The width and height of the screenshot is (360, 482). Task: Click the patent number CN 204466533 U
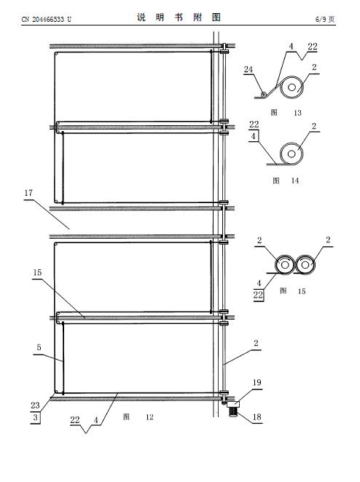(46, 20)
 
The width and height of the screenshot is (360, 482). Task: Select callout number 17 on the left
(28, 193)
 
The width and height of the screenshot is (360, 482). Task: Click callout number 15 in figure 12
(37, 272)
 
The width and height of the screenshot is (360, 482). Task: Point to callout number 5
(39, 347)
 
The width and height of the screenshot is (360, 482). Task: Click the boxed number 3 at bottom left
(36, 417)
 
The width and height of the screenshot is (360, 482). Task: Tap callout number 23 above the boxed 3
(35, 406)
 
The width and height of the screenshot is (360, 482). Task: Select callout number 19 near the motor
(257, 382)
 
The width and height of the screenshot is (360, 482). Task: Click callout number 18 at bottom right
(257, 416)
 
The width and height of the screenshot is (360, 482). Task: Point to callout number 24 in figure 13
(249, 69)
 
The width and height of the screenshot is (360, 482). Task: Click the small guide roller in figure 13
(263, 95)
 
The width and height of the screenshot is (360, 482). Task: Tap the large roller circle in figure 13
(291, 87)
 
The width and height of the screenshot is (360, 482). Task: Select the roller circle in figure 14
(291, 154)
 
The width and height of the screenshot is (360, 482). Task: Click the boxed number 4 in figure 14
(253, 136)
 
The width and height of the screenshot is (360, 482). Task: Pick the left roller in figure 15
(285, 264)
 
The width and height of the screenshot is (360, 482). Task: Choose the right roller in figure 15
(305, 264)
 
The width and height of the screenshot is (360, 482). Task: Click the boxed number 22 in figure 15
(258, 295)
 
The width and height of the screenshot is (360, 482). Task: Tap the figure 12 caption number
(149, 417)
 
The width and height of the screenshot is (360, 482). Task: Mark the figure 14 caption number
(294, 181)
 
